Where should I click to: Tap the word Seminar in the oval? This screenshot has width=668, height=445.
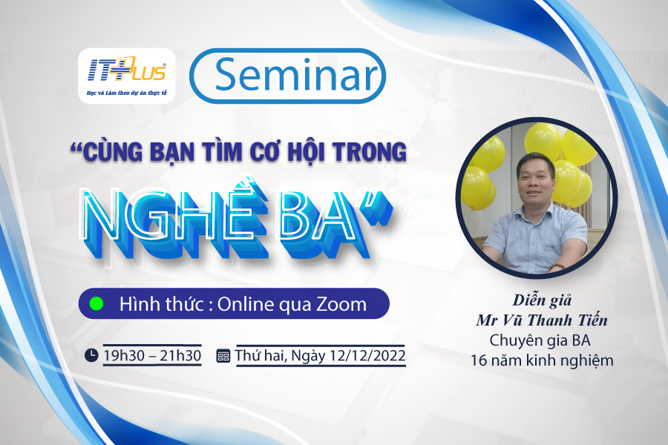point(297,75)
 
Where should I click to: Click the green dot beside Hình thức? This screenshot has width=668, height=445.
point(96,303)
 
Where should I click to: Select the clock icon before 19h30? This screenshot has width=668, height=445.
point(91,355)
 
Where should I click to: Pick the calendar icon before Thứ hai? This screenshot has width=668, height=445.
point(223,355)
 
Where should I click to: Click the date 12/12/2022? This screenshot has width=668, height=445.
point(367,355)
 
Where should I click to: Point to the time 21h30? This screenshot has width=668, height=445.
point(180,355)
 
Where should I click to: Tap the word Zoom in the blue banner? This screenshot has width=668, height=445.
point(341,305)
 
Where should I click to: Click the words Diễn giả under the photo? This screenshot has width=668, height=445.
point(542,300)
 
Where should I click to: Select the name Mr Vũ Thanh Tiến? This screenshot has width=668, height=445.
point(542,320)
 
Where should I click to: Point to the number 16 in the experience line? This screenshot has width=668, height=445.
point(479,360)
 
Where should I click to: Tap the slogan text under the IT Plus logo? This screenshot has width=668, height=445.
point(126,93)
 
